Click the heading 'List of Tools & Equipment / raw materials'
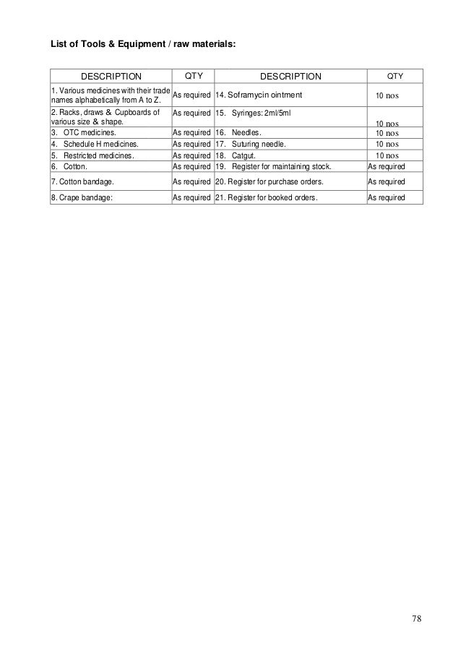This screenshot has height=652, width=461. coord(142,45)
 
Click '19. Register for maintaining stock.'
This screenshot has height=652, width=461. coord(274,166)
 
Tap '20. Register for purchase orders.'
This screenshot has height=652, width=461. coord(270,181)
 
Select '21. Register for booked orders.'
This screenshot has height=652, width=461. coord(267,197)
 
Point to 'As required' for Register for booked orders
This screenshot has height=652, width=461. coord(387,197)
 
